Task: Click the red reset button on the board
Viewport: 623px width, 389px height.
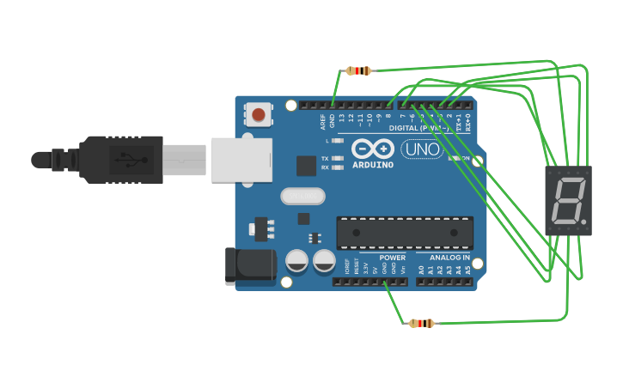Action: click(258, 114)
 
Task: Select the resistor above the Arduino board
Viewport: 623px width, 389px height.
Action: click(358, 70)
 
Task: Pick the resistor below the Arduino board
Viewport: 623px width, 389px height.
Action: click(421, 323)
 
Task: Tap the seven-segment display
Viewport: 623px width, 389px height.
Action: click(568, 200)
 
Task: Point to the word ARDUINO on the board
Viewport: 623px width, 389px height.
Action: click(373, 164)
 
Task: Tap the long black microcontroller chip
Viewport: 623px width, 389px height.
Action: click(404, 232)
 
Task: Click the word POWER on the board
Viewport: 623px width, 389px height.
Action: click(392, 258)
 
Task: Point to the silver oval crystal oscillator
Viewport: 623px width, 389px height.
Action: click(302, 197)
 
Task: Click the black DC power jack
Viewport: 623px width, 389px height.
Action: click(250, 265)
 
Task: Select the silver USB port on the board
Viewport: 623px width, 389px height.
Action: click(241, 160)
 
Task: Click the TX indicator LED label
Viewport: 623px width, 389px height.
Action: click(325, 159)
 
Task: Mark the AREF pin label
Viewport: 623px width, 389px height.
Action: click(324, 120)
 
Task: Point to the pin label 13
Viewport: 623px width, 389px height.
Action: click(341, 118)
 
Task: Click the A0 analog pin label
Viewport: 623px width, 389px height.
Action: click(421, 270)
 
